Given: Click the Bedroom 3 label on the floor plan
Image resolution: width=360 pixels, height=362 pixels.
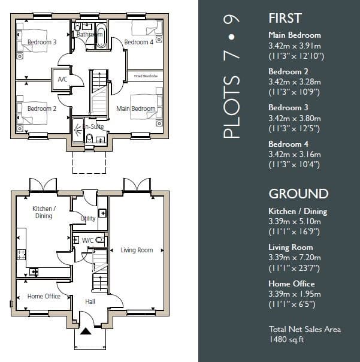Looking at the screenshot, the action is tap(42, 42).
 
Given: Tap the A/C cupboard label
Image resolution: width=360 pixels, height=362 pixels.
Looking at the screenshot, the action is tap(62, 80).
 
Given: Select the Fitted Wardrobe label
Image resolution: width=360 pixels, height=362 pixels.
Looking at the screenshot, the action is tap(146, 76).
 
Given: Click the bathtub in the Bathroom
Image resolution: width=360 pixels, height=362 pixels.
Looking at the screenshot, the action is tap(101, 35).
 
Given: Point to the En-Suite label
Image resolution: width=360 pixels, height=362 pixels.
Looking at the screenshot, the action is tap(93, 126).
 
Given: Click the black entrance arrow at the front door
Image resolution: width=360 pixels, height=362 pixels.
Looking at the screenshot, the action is tap(86, 331).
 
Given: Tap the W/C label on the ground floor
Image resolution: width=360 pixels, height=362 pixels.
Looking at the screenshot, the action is tap(87, 240).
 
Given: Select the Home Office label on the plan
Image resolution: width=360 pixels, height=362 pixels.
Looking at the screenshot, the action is tap(44, 296).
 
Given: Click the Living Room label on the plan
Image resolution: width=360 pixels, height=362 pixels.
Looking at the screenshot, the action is tap(137, 250).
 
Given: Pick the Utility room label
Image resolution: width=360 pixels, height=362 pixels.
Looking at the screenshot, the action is tap(88, 218).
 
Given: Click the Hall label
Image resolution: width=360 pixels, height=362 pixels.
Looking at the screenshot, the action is tap(90, 301).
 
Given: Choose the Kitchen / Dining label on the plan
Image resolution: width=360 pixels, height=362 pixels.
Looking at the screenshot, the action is tap(44, 212).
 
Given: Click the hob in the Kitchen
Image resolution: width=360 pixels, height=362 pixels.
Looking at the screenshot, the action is tap(21, 254).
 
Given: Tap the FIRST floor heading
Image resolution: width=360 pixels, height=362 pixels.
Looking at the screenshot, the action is tap(285, 18).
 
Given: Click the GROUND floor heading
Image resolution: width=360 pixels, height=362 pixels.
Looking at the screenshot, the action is tap(298, 194).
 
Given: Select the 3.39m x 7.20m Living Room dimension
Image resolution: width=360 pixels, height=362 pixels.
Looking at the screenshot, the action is tap(295, 258).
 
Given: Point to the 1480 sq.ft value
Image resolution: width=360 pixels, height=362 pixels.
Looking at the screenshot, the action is tap(286, 339).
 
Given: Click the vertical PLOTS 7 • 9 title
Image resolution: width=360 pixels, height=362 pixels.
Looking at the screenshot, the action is tap(231, 77).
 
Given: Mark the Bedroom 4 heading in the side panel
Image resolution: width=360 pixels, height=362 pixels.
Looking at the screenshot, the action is tap(288, 144).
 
